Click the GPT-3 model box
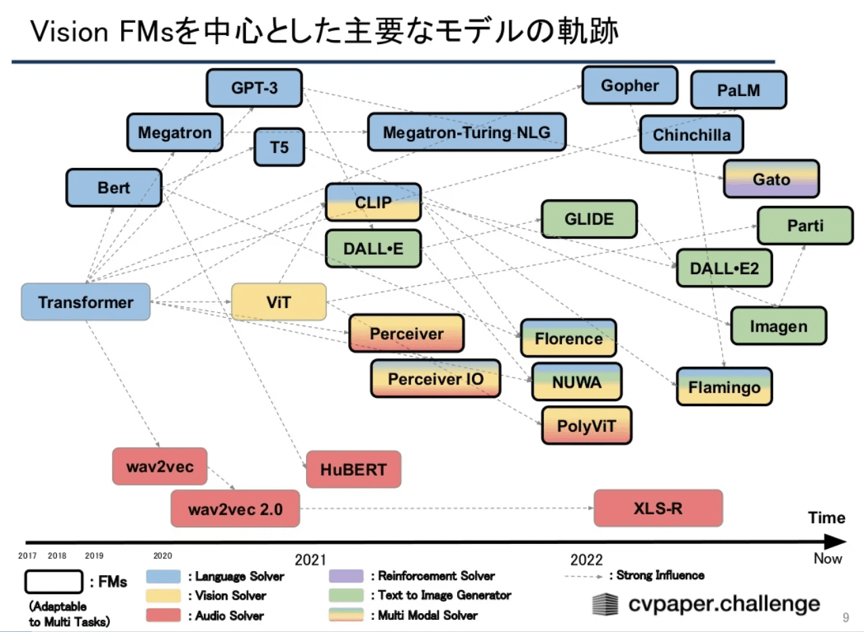tap(254, 88)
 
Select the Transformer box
tap(85, 302)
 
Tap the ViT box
tap(278, 302)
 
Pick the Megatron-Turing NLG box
tap(467, 132)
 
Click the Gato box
tap(771, 179)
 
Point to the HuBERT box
tap(353, 470)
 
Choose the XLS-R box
tap(658, 508)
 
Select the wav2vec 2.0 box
tap(235, 509)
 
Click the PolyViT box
tap(586, 426)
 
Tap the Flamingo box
tap(725, 386)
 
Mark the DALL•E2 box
tap(725, 268)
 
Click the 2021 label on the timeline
tap(311, 560)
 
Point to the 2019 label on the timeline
tap(94, 556)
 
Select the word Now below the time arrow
tap(827, 558)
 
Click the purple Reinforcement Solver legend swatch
tap(346, 576)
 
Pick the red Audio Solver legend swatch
tap(163, 615)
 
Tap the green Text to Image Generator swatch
tap(346, 595)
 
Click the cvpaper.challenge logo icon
tap(605, 604)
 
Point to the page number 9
tap(846, 618)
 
